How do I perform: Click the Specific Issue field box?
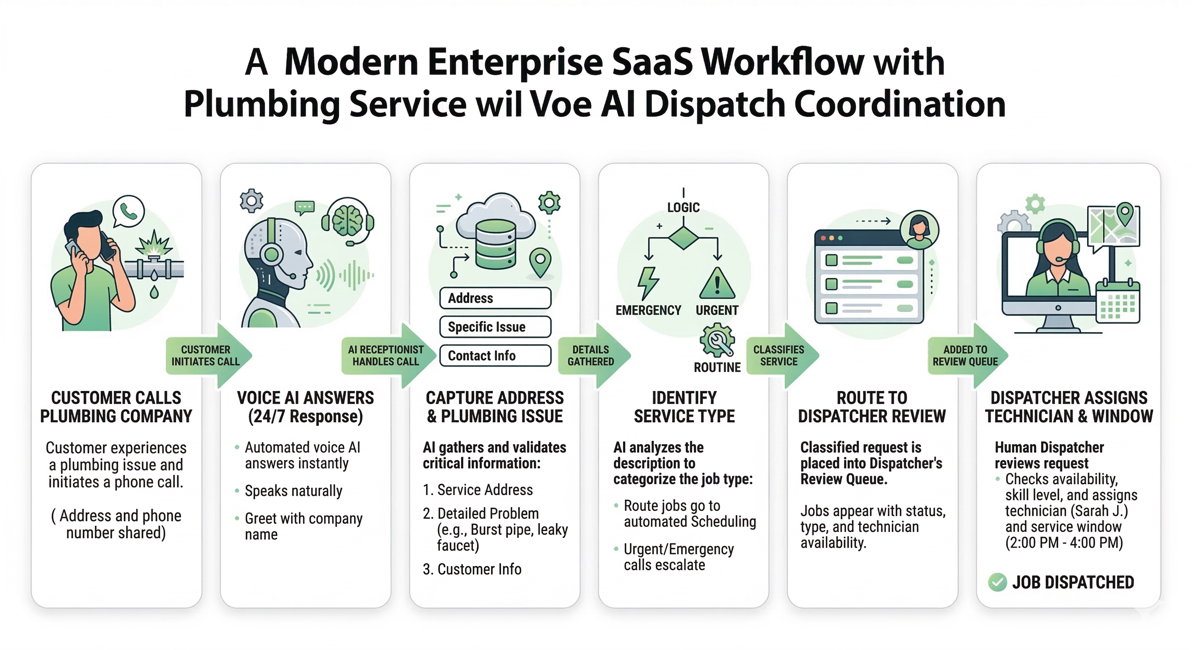click(x=495, y=327)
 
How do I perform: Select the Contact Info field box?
click(x=495, y=355)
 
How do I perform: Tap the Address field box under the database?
click(x=495, y=298)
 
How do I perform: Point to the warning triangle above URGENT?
click(x=717, y=283)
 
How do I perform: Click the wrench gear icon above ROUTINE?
click(x=717, y=340)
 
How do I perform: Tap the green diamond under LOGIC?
click(x=683, y=238)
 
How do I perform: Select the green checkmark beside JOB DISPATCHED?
click(x=997, y=582)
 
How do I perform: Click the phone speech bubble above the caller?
click(x=129, y=212)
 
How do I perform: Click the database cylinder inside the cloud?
click(x=495, y=244)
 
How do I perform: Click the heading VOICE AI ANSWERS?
click(x=305, y=398)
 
